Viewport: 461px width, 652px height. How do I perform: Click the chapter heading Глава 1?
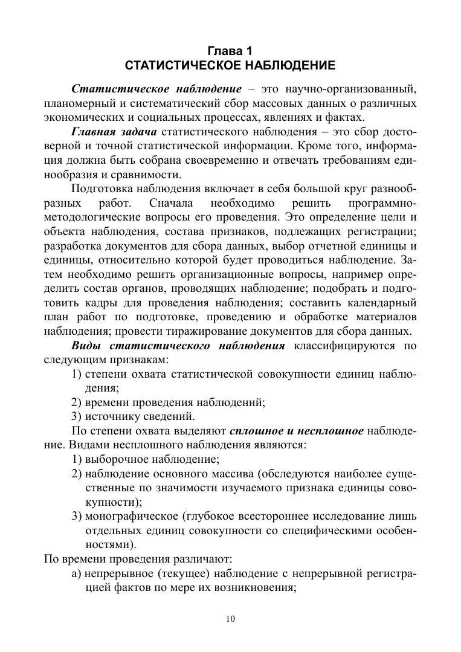(230, 50)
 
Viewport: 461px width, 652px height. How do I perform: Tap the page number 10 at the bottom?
(230, 618)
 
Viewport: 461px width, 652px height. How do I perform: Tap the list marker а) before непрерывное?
(76, 575)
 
